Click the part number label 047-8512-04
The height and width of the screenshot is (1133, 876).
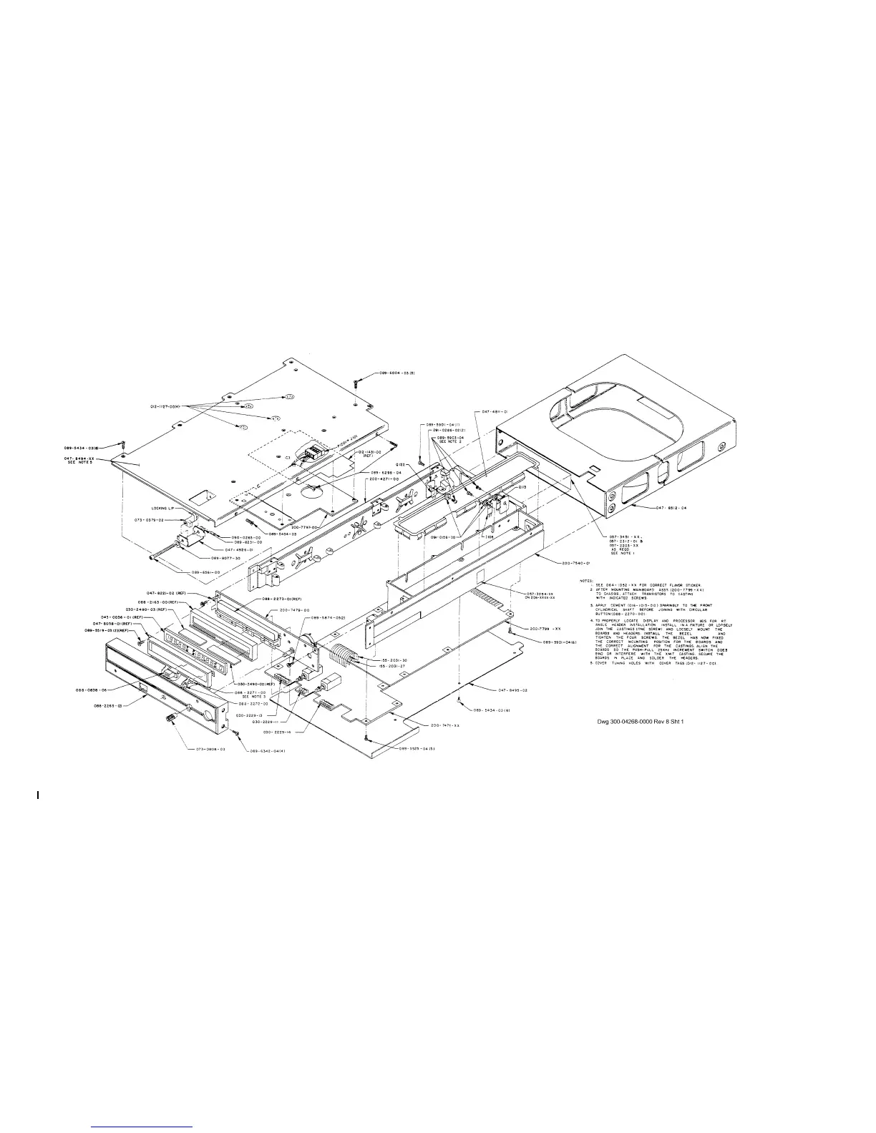[x=672, y=508]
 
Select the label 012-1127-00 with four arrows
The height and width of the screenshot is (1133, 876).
[x=166, y=406]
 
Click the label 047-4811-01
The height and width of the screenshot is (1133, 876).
[x=495, y=412]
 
